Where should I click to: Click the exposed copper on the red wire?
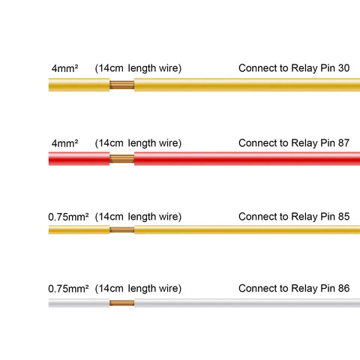click(x=122, y=159)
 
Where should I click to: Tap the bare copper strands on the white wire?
click(x=122, y=303)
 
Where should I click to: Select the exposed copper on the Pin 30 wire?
click(x=122, y=85)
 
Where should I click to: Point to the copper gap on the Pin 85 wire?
click(x=122, y=229)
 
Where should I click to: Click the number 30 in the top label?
click(x=343, y=68)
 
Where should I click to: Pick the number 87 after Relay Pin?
click(x=343, y=143)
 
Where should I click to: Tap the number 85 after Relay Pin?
click(x=343, y=217)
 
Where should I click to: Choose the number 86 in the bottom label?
click(x=343, y=288)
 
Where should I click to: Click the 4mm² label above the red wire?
click(x=65, y=143)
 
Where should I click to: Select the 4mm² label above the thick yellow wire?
click(x=65, y=68)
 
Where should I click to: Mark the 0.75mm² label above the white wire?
click(x=68, y=289)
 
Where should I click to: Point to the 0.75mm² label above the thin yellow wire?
click(x=68, y=217)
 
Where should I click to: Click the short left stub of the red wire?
click(x=79, y=158)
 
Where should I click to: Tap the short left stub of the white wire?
click(x=79, y=303)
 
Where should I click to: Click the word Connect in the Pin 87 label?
click(x=258, y=143)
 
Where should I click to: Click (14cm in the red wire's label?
click(x=109, y=143)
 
